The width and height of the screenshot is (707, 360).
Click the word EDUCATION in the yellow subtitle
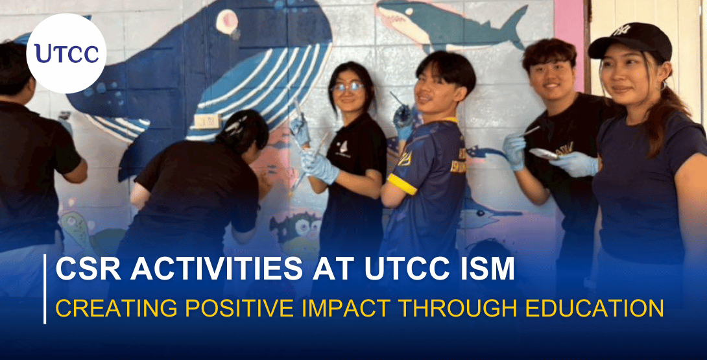tap(599, 308)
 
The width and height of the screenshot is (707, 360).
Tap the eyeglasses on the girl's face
tap(346, 87)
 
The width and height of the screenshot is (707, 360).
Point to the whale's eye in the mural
tap(226, 22)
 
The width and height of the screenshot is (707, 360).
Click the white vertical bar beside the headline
tap(45, 289)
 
